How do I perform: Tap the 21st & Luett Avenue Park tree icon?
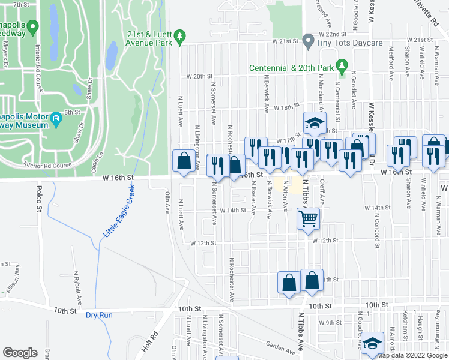point(179,38)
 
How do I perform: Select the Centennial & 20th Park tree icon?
point(342,64)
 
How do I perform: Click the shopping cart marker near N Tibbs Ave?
point(308,219)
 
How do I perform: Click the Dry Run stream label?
point(99,315)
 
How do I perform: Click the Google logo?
point(20,353)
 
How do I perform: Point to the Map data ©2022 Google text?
point(412,356)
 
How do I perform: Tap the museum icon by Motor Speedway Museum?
point(56,118)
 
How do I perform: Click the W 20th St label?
point(200,77)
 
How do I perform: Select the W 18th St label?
point(286,107)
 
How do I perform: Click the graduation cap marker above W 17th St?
point(314,124)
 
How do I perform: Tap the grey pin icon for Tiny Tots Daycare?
point(308,41)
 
